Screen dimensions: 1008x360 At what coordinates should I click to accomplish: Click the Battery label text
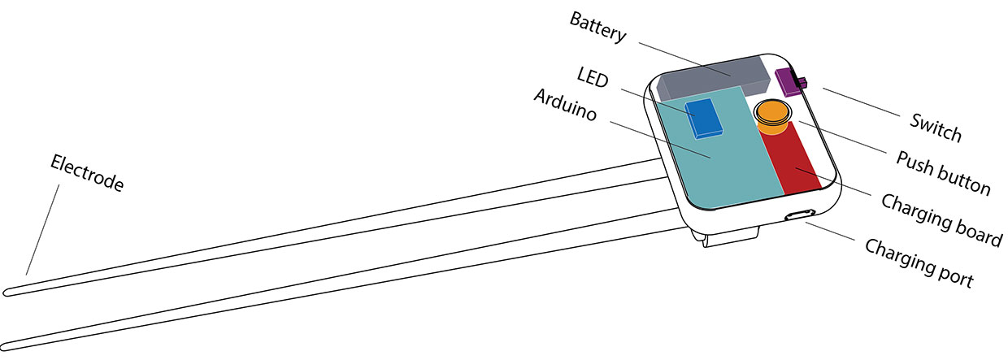coord(597,27)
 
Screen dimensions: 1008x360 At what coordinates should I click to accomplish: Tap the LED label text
coord(593,77)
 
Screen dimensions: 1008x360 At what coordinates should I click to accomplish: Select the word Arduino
coord(565,105)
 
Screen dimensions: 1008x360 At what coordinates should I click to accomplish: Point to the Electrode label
coord(86,173)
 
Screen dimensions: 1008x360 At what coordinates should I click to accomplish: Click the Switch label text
coord(936,128)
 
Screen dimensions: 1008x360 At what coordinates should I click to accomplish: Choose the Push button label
coord(943,173)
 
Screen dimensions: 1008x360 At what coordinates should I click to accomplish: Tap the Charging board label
coord(941,220)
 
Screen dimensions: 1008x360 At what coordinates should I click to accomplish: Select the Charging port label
coord(919,262)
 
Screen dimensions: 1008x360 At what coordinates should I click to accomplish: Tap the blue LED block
coord(704,119)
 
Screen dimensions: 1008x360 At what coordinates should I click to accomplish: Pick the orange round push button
coord(772,116)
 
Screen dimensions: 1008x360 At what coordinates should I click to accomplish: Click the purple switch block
coord(789,82)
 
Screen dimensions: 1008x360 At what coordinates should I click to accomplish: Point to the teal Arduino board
coord(715,153)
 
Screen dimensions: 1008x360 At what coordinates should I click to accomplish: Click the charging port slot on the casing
coord(800,215)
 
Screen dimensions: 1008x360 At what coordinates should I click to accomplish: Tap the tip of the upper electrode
coord(6,293)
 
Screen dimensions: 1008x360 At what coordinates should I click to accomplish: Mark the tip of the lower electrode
coord(3,347)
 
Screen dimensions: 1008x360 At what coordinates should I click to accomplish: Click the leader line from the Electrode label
coord(42,229)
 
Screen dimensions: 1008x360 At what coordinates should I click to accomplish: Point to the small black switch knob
coord(802,82)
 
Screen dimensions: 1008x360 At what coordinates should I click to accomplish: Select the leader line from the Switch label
coord(862,102)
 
